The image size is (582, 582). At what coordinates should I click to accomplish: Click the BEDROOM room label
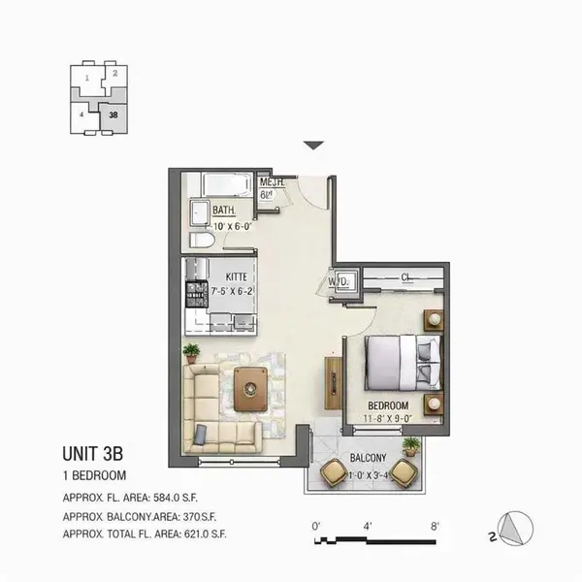[388, 405]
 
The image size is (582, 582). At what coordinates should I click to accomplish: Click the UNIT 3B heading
[93, 453]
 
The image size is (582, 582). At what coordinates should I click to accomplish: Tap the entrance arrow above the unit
[312, 145]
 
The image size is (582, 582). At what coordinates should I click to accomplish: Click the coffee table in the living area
[252, 388]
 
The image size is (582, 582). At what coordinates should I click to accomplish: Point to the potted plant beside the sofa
[192, 351]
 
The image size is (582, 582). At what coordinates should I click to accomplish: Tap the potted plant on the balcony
[411, 446]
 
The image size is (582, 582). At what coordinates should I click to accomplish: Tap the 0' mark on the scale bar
[316, 525]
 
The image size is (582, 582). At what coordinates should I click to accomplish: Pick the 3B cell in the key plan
[114, 113]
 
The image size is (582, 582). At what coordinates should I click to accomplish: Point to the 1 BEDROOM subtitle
[95, 475]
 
